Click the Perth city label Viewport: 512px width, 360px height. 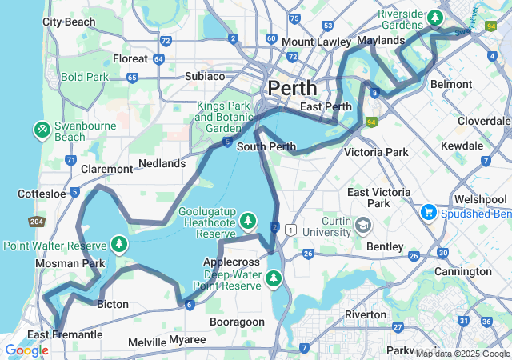coord(292,87)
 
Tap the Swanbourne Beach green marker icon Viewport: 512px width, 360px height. coord(42,129)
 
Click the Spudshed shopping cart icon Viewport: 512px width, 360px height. coord(428,212)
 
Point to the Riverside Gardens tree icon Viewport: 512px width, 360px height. coord(434,16)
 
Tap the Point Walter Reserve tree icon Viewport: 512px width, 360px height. coord(119,242)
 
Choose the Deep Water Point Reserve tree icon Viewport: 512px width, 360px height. coord(274,278)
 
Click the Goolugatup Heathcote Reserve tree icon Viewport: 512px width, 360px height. coord(248,219)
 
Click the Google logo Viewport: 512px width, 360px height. coord(26,350)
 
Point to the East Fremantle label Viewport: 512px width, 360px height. coord(65,334)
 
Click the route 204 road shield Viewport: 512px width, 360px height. coord(37,222)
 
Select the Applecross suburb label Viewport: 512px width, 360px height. coord(231,262)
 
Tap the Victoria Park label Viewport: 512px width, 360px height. coord(375,152)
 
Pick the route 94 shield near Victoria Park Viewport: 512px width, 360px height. coord(370,122)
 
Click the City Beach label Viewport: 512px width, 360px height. coord(69,22)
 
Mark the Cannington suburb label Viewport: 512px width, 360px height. coord(463,271)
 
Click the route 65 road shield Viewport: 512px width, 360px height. coord(132,78)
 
